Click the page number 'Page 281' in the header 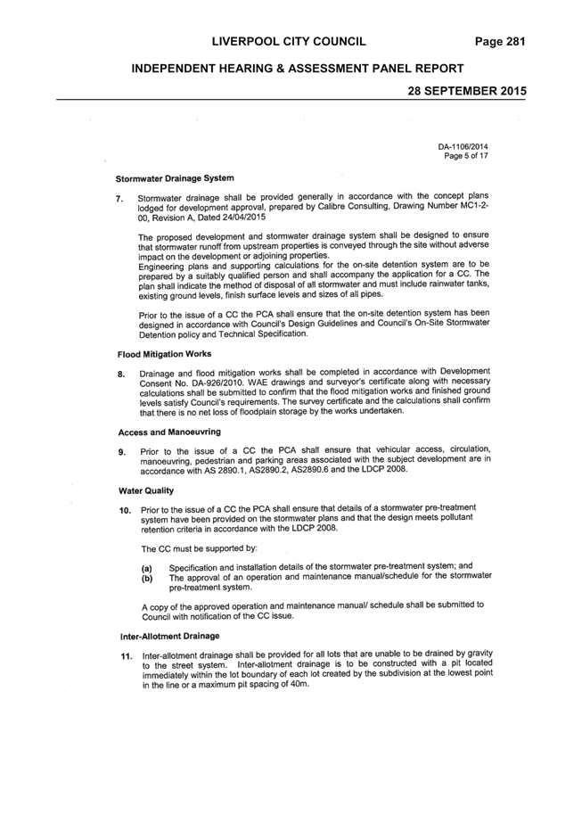pyautogui.click(x=500, y=42)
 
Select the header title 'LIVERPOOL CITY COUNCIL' pyautogui.click(x=289, y=42)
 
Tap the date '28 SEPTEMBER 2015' pyautogui.click(x=467, y=91)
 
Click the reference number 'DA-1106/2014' pyautogui.click(x=463, y=147)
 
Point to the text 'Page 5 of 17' pyautogui.click(x=466, y=156)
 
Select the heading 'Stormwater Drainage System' pyautogui.click(x=175, y=178)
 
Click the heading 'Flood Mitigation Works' pyautogui.click(x=164, y=354)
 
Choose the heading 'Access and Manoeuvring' pyautogui.click(x=169, y=432)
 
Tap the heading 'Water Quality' pyautogui.click(x=146, y=490)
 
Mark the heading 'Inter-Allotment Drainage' pyautogui.click(x=170, y=636)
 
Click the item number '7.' pyautogui.click(x=119, y=199)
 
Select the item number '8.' pyautogui.click(x=121, y=374)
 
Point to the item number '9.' pyautogui.click(x=122, y=452)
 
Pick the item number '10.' pyautogui.click(x=125, y=510)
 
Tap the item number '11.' pyautogui.click(x=127, y=656)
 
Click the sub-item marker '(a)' pyautogui.click(x=147, y=569)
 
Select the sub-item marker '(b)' pyautogui.click(x=147, y=578)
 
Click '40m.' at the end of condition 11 pyautogui.click(x=299, y=685)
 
